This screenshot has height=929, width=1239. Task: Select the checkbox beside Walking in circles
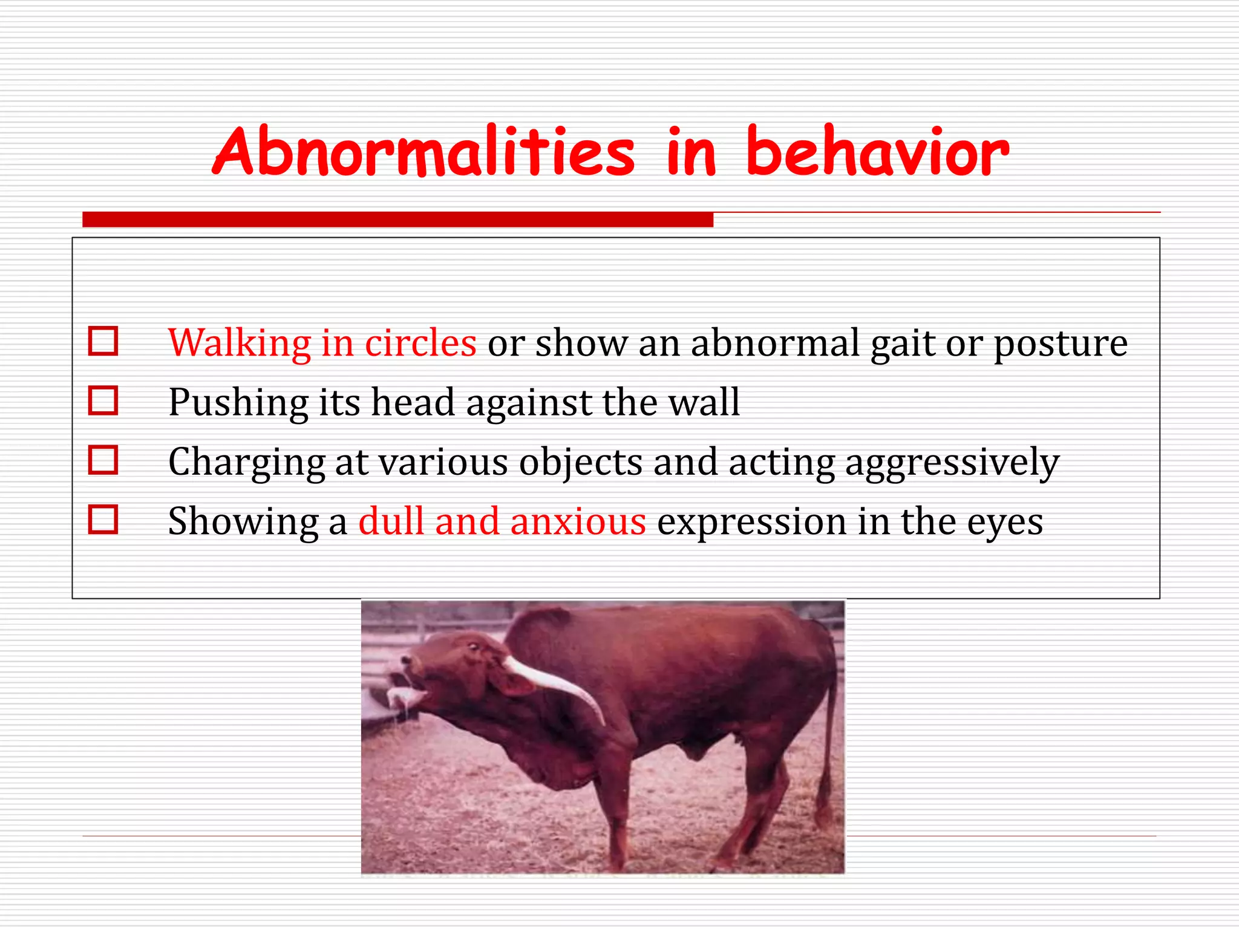click(x=103, y=341)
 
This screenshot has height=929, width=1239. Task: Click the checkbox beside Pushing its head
click(x=103, y=400)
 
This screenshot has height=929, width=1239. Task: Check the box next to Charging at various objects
click(x=103, y=460)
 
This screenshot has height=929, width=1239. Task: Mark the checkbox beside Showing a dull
click(x=103, y=519)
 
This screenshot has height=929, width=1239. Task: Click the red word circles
click(x=420, y=343)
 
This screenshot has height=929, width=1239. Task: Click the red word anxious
click(x=578, y=521)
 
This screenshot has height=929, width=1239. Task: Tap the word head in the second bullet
click(x=412, y=402)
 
